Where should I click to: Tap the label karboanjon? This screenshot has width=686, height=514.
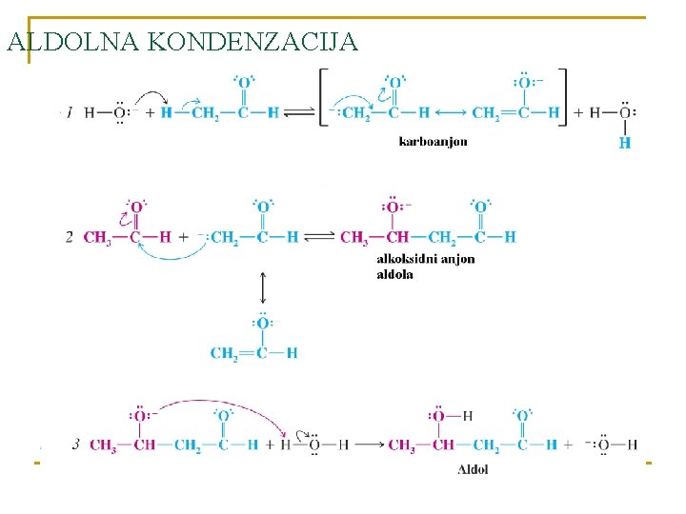(x=433, y=142)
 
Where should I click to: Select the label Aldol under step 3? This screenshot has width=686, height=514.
(x=473, y=469)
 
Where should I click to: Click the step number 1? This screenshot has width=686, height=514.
(x=70, y=112)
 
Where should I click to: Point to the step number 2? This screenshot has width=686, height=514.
(x=70, y=237)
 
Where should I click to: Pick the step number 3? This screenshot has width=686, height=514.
(x=76, y=445)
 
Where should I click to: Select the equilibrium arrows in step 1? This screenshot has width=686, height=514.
(x=298, y=113)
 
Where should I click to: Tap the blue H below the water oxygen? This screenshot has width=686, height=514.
(x=625, y=143)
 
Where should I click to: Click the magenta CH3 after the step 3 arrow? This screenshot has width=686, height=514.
(x=402, y=445)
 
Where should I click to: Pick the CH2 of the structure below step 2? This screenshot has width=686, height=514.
(x=224, y=353)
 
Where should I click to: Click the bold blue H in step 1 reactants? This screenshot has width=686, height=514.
(x=165, y=113)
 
